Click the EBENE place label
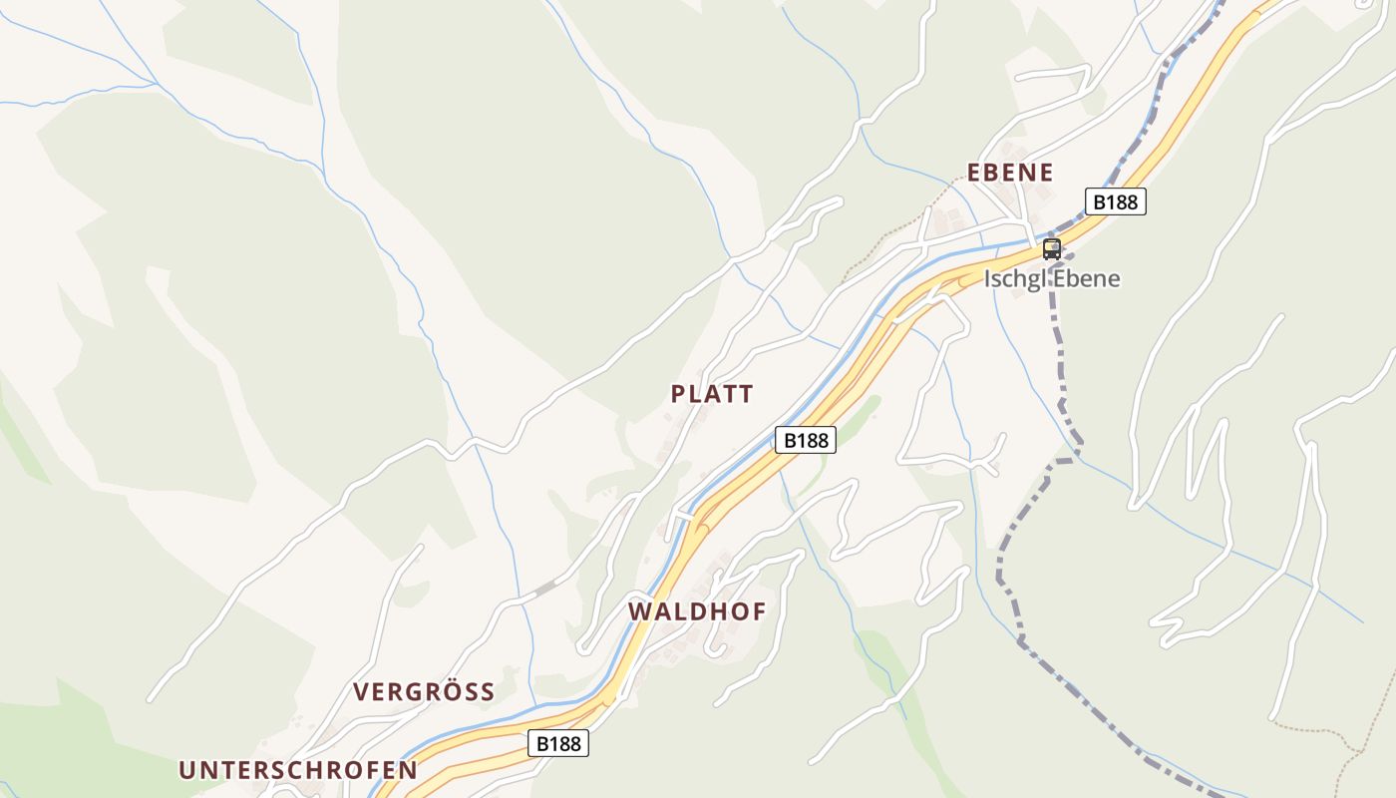click(x=1010, y=173)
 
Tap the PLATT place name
click(x=712, y=394)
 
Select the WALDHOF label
click(x=697, y=611)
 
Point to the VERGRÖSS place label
click(x=424, y=692)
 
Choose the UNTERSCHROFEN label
click(x=298, y=770)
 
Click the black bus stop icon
click(x=1051, y=248)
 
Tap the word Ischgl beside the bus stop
click(x=1013, y=278)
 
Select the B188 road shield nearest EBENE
click(x=1115, y=201)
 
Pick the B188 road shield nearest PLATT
click(x=805, y=440)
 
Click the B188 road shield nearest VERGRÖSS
click(x=557, y=743)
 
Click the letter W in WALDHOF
click(x=639, y=611)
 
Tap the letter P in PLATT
click(x=678, y=394)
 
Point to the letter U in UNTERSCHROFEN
click(x=186, y=770)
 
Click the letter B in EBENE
click(x=993, y=173)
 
